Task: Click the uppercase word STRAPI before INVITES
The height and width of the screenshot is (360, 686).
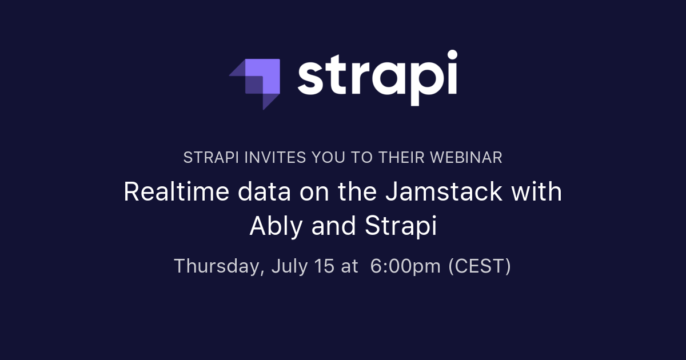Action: [x=206, y=158]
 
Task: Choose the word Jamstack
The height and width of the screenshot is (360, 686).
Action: [x=444, y=192]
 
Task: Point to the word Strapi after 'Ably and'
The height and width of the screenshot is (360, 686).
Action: [x=400, y=227]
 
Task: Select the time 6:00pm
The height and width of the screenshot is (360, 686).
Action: [x=405, y=266]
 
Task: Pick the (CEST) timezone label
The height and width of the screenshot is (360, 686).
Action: [x=479, y=266]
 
